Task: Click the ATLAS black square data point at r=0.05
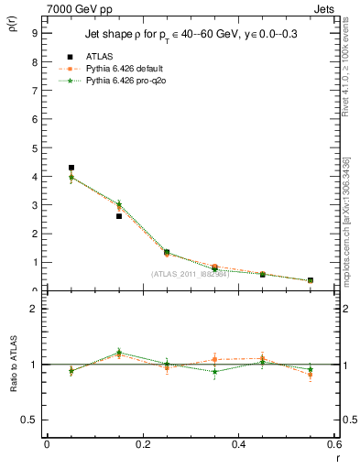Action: [71, 168]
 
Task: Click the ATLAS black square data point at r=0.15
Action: [119, 216]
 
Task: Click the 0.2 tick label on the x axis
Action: [143, 444]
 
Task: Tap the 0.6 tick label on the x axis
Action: [334, 444]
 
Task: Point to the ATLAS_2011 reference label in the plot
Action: [190, 274]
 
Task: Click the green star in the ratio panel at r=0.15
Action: [119, 352]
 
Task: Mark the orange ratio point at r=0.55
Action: [311, 375]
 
